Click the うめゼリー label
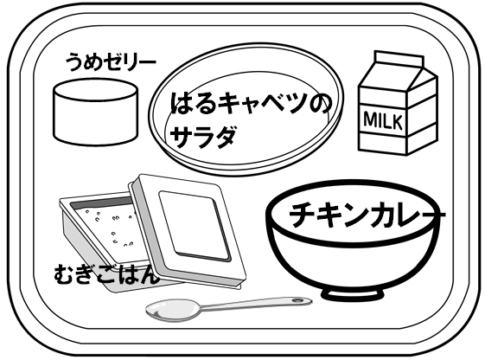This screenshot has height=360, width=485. (x=111, y=62)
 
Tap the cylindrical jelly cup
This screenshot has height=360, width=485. (x=96, y=112)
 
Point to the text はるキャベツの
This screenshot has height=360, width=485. (x=251, y=103)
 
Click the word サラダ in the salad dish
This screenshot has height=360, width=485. (x=203, y=137)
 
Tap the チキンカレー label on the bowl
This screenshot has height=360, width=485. (x=367, y=215)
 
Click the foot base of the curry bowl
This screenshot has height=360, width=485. (x=353, y=294)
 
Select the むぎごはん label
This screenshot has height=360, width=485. (x=106, y=274)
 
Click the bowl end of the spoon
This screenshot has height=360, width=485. (x=173, y=310)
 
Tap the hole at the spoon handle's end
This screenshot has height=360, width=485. (x=298, y=300)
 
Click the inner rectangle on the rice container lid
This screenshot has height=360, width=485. (x=195, y=226)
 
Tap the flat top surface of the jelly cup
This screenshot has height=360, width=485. (x=96, y=90)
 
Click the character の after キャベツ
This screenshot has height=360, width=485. (x=319, y=104)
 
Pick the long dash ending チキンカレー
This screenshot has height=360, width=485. (x=432, y=215)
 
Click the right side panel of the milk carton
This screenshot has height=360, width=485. (x=423, y=115)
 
